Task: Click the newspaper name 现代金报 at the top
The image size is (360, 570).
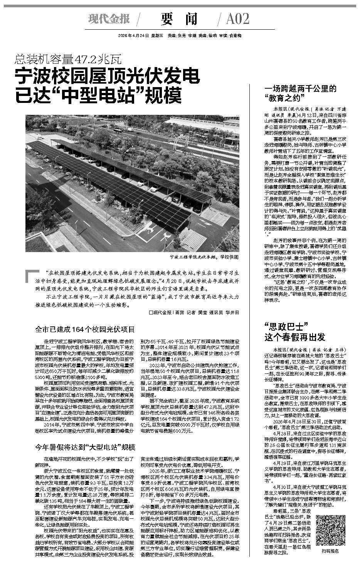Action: click(x=109, y=18)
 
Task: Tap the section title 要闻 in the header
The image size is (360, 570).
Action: click(x=180, y=19)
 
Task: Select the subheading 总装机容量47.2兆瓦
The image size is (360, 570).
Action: click(x=68, y=59)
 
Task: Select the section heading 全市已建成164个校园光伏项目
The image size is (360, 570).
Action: click(x=85, y=330)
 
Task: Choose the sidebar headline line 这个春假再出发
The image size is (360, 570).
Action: click(x=294, y=338)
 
